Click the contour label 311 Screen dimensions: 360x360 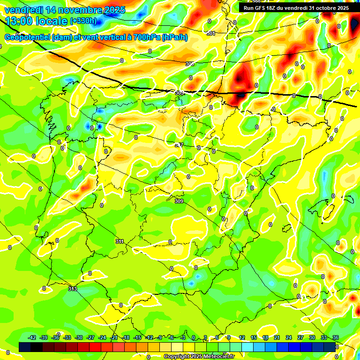(x=120, y=241)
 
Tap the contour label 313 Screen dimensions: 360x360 (x=72, y=289)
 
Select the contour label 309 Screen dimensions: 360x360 (x=179, y=201)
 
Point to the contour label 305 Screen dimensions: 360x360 (x=189, y=64)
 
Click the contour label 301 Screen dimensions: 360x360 (x=211, y=33)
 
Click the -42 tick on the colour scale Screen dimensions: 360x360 (x=32, y=337)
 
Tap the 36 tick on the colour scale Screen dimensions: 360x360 (x=335, y=337)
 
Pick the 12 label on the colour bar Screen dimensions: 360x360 (x=242, y=337)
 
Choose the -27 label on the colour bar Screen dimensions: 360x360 (x=90, y=337)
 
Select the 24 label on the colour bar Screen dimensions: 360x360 (x=288, y=337)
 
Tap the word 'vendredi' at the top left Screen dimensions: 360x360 (x=22, y=10)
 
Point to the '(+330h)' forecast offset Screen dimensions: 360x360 (x=83, y=21)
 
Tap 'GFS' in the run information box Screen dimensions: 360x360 (x=262, y=8)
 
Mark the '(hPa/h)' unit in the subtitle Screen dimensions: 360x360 (x=175, y=37)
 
